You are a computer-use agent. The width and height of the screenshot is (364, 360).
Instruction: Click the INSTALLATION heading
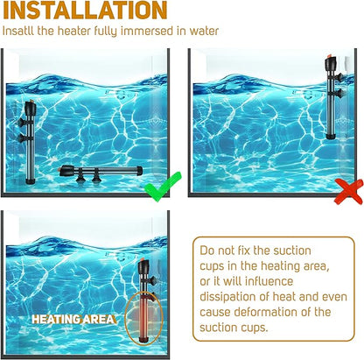coord(85,11)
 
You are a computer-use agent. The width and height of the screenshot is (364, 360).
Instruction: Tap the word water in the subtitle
coord(204,31)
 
